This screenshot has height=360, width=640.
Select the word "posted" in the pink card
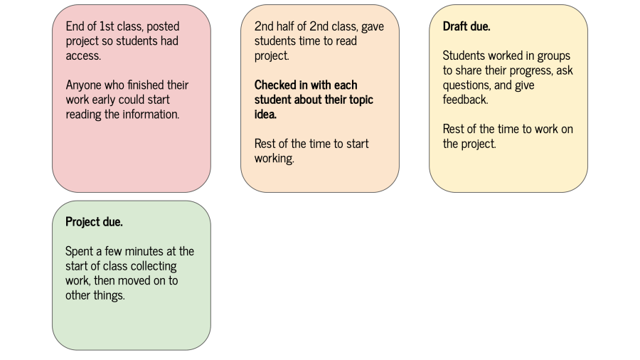pyautogui.click(x=163, y=26)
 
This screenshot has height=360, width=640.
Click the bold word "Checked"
pyautogui.click(x=275, y=85)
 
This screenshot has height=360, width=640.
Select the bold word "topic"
pyautogui.click(x=358, y=100)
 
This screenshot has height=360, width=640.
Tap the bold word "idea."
pyautogui.click(x=265, y=114)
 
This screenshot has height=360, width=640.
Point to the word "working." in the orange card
pyautogui.click(x=274, y=158)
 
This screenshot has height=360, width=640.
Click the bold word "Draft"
pyautogui.click(x=457, y=26)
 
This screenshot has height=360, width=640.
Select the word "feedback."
pyautogui.click(x=465, y=100)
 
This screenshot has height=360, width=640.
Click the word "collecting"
pyautogui.click(x=152, y=266)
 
